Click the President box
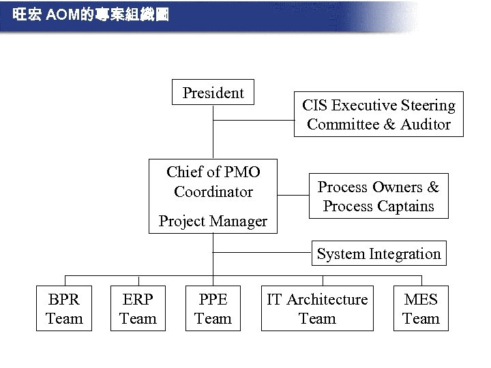click(x=213, y=93)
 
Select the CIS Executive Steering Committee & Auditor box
click(x=378, y=114)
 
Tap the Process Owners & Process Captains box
click(x=378, y=196)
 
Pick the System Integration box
click(x=378, y=254)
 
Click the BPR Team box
click(x=63, y=309)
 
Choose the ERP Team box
click(x=138, y=309)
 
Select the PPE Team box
click(x=213, y=309)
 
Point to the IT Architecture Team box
click(x=317, y=309)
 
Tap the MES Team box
click(x=421, y=309)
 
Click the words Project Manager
click(x=213, y=221)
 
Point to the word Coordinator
click(x=213, y=192)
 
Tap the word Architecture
click(x=327, y=300)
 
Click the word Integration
click(x=405, y=254)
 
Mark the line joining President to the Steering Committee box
click(x=253, y=121)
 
